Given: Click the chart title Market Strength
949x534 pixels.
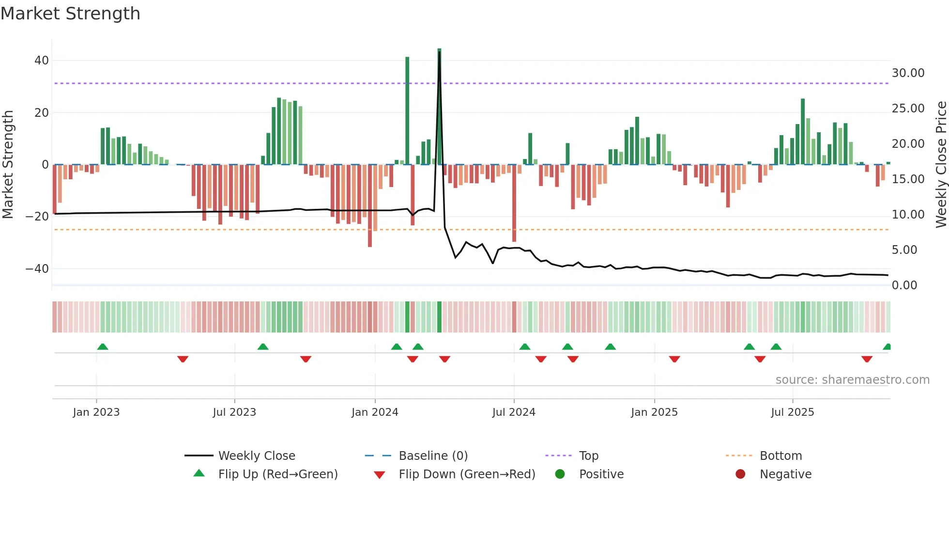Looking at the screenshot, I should pyautogui.click(x=70, y=14).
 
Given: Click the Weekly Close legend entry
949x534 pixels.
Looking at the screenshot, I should pyautogui.click(x=256, y=456).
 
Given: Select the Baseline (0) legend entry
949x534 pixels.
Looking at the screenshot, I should pyautogui.click(x=433, y=456).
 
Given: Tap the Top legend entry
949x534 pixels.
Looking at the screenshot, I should pyautogui.click(x=588, y=456).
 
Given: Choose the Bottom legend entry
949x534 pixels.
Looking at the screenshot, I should pyautogui.click(x=781, y=456).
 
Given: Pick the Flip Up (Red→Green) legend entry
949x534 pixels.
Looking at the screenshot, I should pyautogui.click(x=277, y=474).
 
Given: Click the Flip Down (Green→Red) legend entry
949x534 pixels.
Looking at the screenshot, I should pyautogui.click(x=467, y=474).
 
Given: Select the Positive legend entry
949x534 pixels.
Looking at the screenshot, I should pyautogui.click(x=601, y=474).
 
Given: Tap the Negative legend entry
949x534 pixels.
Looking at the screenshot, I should pyautogui.click(x=785, y=474).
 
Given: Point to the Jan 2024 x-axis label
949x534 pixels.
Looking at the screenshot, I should pyautogui.click(x=375, y=412).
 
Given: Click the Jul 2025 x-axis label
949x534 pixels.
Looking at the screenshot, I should pyautogui.click(x=792, y=412).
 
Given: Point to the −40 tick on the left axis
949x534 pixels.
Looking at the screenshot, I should pyautogui.click(x=37, y=269).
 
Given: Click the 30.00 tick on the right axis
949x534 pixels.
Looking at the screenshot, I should pyautogui.click(x=908, y=73).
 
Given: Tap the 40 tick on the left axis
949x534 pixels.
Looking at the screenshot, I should pyautogui.click(x=42, y=61).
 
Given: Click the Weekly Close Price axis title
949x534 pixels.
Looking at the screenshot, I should pyautogui.click(x=941, y=165).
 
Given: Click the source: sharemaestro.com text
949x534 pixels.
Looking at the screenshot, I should pyautogui.click(x=852, y=380).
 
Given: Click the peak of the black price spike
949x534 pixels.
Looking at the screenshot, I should pyautogui.click(x=439, y=52).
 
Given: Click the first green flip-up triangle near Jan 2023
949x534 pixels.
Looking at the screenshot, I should pyautogui.click(x=103, y=346).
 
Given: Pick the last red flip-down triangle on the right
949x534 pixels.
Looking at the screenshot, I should pyautogui.click(x=867, y=359).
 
